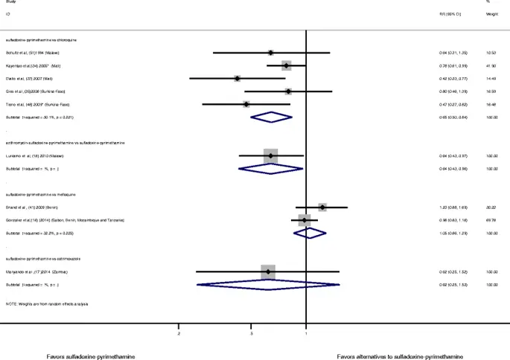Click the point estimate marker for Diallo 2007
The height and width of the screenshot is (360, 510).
pos(237,78)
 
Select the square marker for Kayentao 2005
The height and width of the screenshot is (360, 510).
pos(286,65)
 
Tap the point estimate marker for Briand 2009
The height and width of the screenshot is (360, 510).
pos(322,208)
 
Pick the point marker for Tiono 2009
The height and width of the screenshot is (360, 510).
pos(246,104)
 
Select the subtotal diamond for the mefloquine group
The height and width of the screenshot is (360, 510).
pos(310,234)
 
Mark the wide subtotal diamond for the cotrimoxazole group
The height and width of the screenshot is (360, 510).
pos(267,285)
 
